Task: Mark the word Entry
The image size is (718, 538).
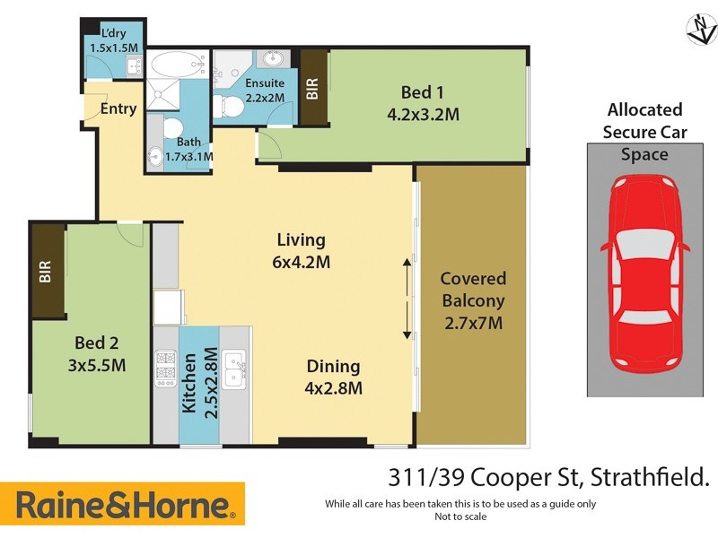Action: pyautogui.click(x=118, y=109)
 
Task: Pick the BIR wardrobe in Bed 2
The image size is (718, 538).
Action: pyautogui.click(x=47, y=270)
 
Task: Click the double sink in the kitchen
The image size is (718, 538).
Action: pyautogui.click(x=235, y=370)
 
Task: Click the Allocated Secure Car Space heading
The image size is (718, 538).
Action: pyautogui.click(x=644, y=132)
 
